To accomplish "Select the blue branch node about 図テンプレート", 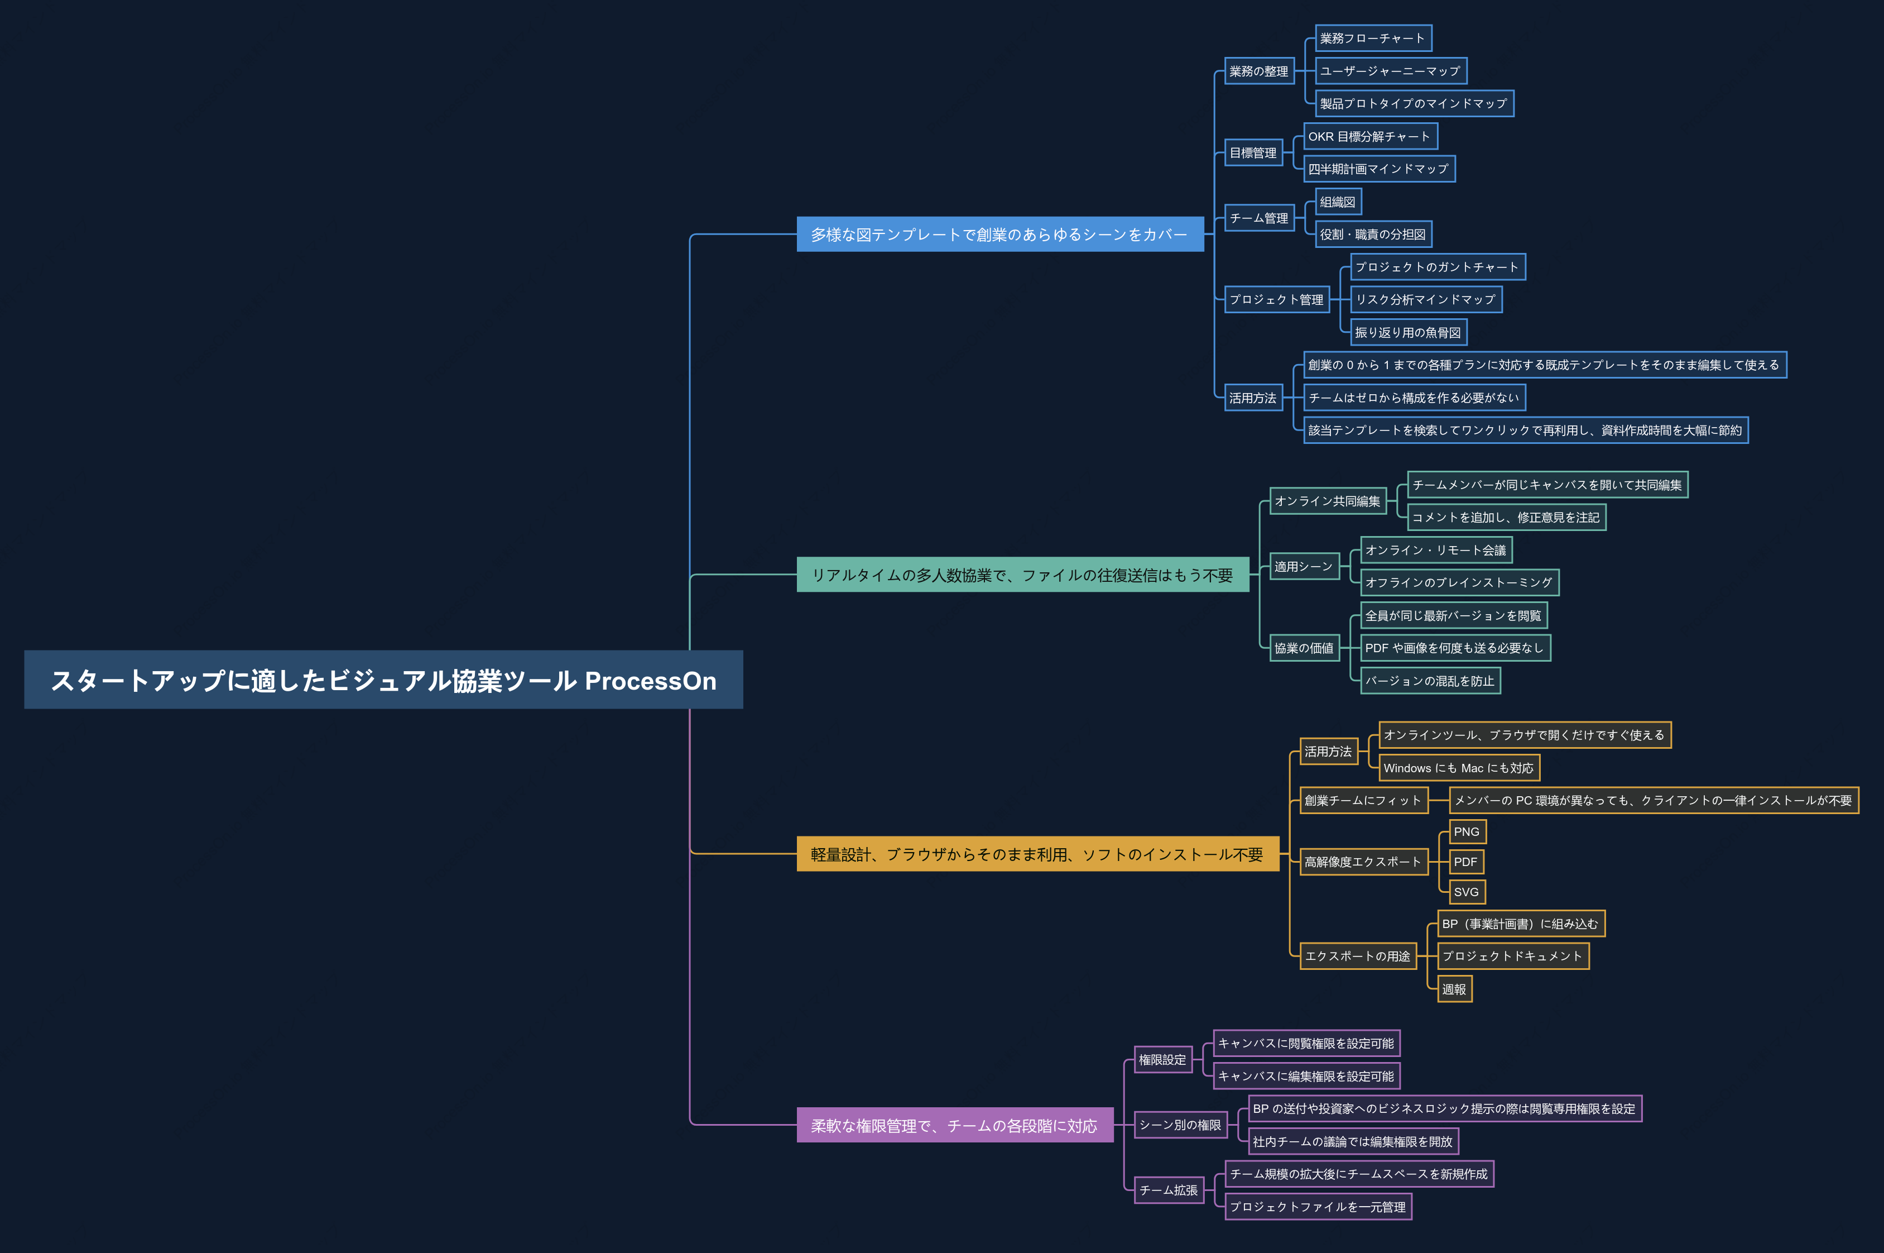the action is click(x=1000, y=234).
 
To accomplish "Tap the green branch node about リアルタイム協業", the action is click(x=1022, y=575).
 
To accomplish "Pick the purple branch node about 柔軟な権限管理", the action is click(x=954, y=1125).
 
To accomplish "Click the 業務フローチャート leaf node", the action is click(x=1373, y=39).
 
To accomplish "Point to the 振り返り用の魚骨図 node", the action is click(x=1408, y=332).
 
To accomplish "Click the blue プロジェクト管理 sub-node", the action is click(x=1276, y=300).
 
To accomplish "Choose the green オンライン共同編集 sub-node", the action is click(x=1328, y=501).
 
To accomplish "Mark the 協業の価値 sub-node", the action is click(x=1304, y=648).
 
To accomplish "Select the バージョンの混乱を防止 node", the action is click(x=1430, y=681).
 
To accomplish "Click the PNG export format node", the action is click(x=1467, y=832).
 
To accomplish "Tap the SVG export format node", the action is click(x=1467, y=892).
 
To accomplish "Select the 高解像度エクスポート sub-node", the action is click(x=1363, y=862).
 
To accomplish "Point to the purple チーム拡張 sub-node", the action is click(x=1169, y=1190).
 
